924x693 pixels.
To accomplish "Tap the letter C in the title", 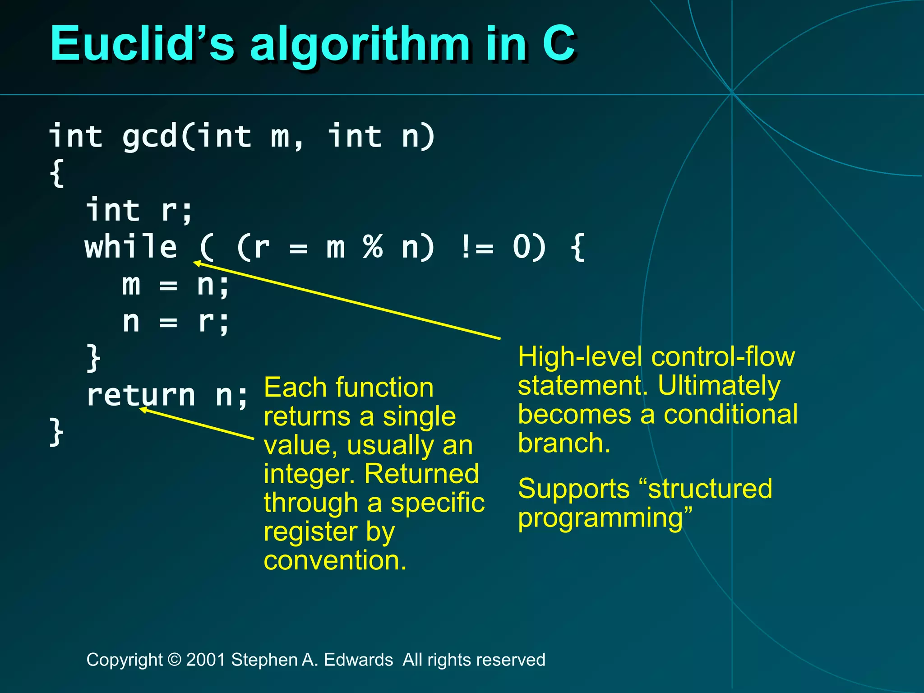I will pyautogui.click(x=559, y=44).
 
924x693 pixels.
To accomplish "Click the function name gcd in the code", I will pyautogui.click(x=149, y=137).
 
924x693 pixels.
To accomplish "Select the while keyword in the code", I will pyautogui.click(x=131, y=247).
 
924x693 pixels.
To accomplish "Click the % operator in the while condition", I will pyautogui.click(x=373, y=247).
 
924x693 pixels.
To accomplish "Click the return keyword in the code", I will pyautogui.click(x=141, y=395).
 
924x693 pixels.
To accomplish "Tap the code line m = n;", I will pyautogui.click(x=176, y=285).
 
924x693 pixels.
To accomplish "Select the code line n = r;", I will pyautogui.click(x=176, y=322).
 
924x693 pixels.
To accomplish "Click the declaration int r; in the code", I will pyautogui.click(x=139, y=210).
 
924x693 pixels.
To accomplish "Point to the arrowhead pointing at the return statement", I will pyautogui.click(x=142, y=409).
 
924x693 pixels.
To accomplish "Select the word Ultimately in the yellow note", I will pyautogui.click(x=719, y=386).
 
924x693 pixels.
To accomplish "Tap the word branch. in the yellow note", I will pyautogui.click(x=564, y=443).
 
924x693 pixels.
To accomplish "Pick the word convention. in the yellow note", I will pyautogui.click(x=335, y=560).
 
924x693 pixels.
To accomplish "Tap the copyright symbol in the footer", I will pyautogui.click(x=174, y=660).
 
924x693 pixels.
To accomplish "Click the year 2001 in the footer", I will pyautogui.click(x=206, y=660).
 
